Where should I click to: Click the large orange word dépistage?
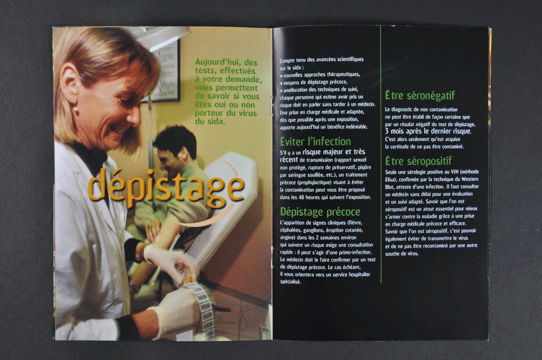coord(166,188)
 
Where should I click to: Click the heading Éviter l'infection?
coord(315,141)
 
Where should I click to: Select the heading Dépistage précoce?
coord(320,212)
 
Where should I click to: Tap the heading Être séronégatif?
coord(420,95)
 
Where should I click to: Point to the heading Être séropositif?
coord(419,161)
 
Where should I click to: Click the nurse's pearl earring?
coord(76,110)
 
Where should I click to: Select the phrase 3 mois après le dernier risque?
coord(428,131)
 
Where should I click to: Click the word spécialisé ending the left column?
coord(290,282)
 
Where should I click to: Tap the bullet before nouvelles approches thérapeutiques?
coord(281,76)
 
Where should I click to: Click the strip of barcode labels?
coord(202,307)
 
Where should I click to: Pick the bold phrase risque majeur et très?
coord(334,152)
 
